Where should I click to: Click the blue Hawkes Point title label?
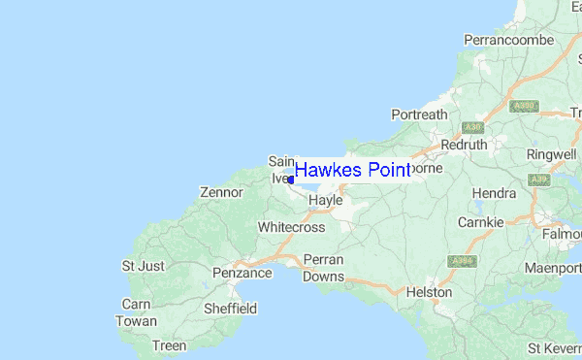point(352,171)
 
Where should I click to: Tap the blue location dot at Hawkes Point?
point(291,180)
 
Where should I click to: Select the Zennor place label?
point(220,193)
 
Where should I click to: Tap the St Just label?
point(143,265)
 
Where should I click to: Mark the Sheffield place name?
point(230,309)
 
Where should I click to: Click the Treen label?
point(169,345)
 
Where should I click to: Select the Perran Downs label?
point(323,268)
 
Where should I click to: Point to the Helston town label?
point(430,291)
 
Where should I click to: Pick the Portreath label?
point(419,115)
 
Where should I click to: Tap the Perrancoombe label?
point(508,40)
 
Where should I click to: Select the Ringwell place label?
point(551,154)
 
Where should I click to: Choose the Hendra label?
point(494,193)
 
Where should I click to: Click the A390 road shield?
point(524,106)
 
